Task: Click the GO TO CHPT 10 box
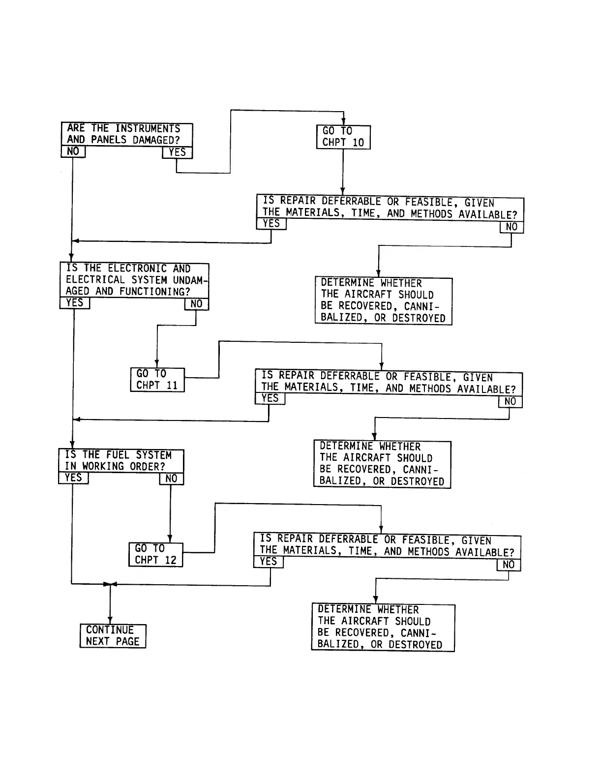[343, 137]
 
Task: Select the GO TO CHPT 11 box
[157, 380]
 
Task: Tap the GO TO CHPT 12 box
[156, 554]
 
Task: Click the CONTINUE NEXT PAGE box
[113, 636]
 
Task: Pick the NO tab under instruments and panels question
[73, 151]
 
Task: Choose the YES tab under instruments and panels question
[177, 152]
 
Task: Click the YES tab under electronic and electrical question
[75, 303]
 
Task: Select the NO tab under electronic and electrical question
[196, 304]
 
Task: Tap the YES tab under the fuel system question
[73, 478]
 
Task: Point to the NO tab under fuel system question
[171, 479]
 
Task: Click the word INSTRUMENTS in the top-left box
[148, 129]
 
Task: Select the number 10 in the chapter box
[358, 143]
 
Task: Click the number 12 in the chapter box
[170, 560]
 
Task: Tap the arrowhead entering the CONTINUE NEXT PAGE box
[110, 621]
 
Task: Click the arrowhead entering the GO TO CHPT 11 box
[157, 364]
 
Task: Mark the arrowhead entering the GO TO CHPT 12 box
[170, 539]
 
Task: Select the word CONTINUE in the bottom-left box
[110, 630]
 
